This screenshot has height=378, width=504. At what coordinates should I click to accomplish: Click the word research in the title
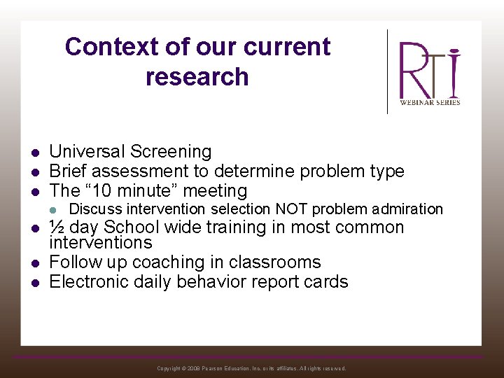click(x=197, y=76)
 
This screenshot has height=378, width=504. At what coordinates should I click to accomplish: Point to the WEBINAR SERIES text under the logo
click(x=430, y=102)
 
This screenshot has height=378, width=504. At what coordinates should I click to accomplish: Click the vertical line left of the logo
click(x=388, y=71)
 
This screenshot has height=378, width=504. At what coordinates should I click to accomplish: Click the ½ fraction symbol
click(x=57, y=227)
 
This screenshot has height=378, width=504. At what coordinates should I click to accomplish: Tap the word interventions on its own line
click(x=100, y=243)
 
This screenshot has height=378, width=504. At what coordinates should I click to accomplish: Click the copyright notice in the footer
click(x=251, y=368)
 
